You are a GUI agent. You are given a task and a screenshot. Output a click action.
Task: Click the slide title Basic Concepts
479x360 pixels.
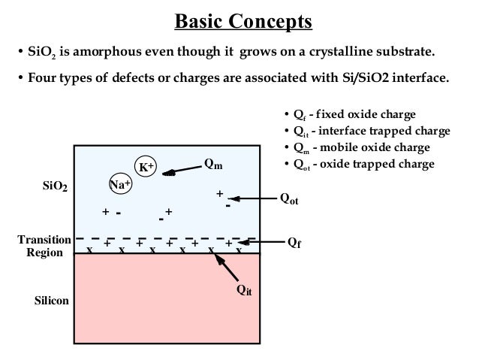click(x=243, y=20)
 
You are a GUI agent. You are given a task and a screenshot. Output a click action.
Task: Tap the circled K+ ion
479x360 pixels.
click(x=145, y=166)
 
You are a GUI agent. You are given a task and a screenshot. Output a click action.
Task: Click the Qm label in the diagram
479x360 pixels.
click(x=214, y=164)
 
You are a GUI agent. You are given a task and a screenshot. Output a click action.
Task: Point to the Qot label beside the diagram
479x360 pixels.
click(x=288, y=198)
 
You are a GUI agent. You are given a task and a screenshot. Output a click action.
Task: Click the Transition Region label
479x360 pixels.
click(x=44, y=246)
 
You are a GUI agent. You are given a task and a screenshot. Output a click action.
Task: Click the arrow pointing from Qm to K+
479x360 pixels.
click(x=181, y=171)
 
